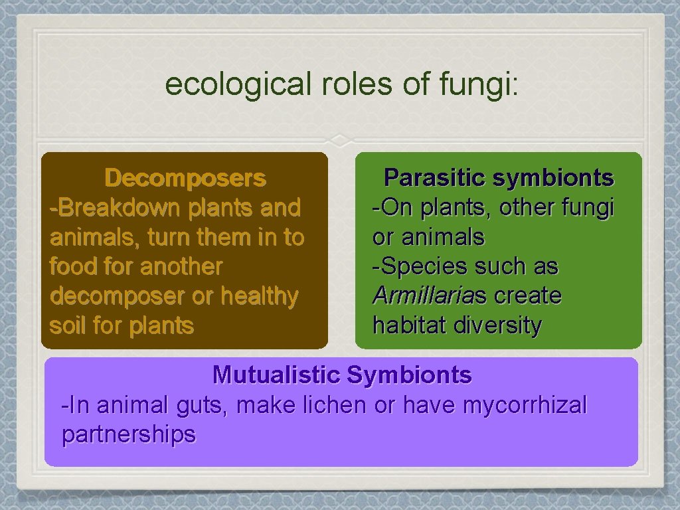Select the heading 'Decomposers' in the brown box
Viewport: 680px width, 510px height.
tap(185, 178)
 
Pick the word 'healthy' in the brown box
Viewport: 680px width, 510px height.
tap(260, 296)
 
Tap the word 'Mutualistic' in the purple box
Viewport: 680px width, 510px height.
tap(276, 375)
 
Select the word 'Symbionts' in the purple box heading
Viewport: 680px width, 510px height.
tap(409, 375)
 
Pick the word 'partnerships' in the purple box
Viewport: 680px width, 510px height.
tap(129, 434)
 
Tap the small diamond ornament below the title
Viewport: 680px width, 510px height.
tap(340, 140)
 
